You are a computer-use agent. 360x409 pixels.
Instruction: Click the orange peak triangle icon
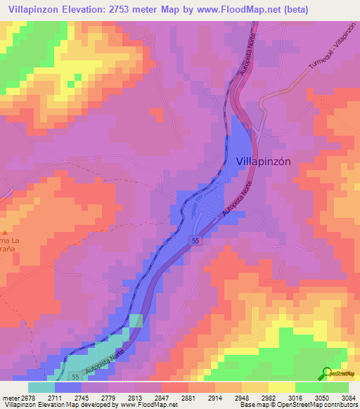(6, 231)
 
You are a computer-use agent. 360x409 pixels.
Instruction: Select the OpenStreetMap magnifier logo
(327, 372)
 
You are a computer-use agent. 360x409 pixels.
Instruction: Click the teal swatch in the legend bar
(41, 387)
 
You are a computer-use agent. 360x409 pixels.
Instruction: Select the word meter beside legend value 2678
(9, 398)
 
